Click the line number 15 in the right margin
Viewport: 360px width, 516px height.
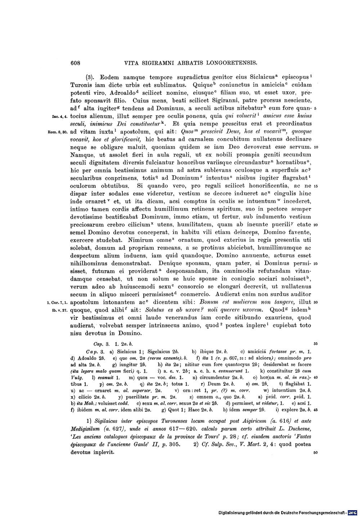point(315,186)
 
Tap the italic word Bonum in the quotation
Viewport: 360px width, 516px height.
point(199,302)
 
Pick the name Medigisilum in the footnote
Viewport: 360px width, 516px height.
point(86,428)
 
